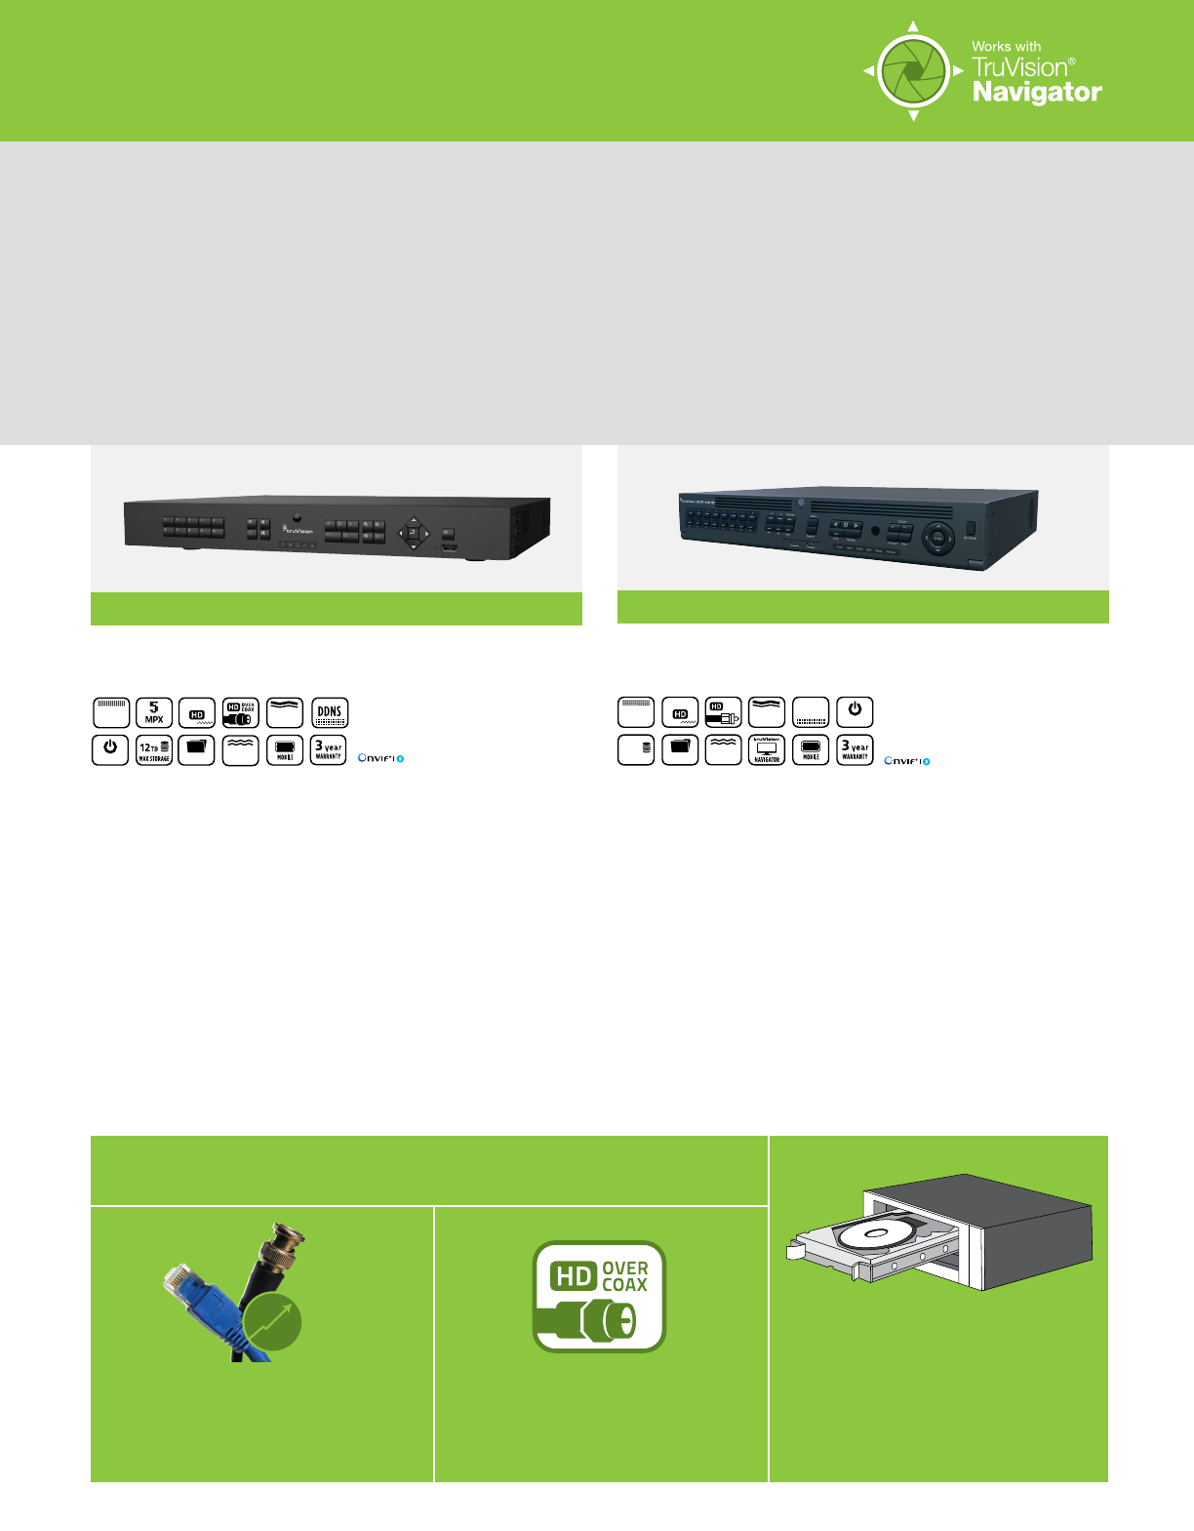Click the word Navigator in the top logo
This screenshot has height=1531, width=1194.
tap(1037, 93)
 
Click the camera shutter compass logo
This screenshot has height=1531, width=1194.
tap(913, 71)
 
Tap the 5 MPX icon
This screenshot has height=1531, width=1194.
tap(154, 712)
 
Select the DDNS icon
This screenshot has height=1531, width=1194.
tap(330, 712)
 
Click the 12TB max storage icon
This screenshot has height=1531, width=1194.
tap(154, 749)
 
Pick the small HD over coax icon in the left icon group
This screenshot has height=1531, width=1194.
tap(241, 712)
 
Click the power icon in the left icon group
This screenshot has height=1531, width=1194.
tap(110, 749)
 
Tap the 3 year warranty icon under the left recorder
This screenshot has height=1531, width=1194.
tap(329, 749)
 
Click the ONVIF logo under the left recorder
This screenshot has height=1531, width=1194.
tap(380, 758)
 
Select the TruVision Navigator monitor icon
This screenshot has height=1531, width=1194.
tap(767, 749)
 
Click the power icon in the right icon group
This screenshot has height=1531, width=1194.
tap(855, 711)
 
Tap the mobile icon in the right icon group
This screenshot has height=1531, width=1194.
tap(811, 749)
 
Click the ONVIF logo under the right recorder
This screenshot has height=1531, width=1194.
tap(906, 761)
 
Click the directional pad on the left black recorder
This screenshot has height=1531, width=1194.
tap(413, 533)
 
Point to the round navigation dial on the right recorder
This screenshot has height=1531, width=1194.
tap(937, 538)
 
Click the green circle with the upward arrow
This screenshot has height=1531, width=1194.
tap(272, 1323)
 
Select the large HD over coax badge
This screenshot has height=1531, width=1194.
tap(599, 1296)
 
